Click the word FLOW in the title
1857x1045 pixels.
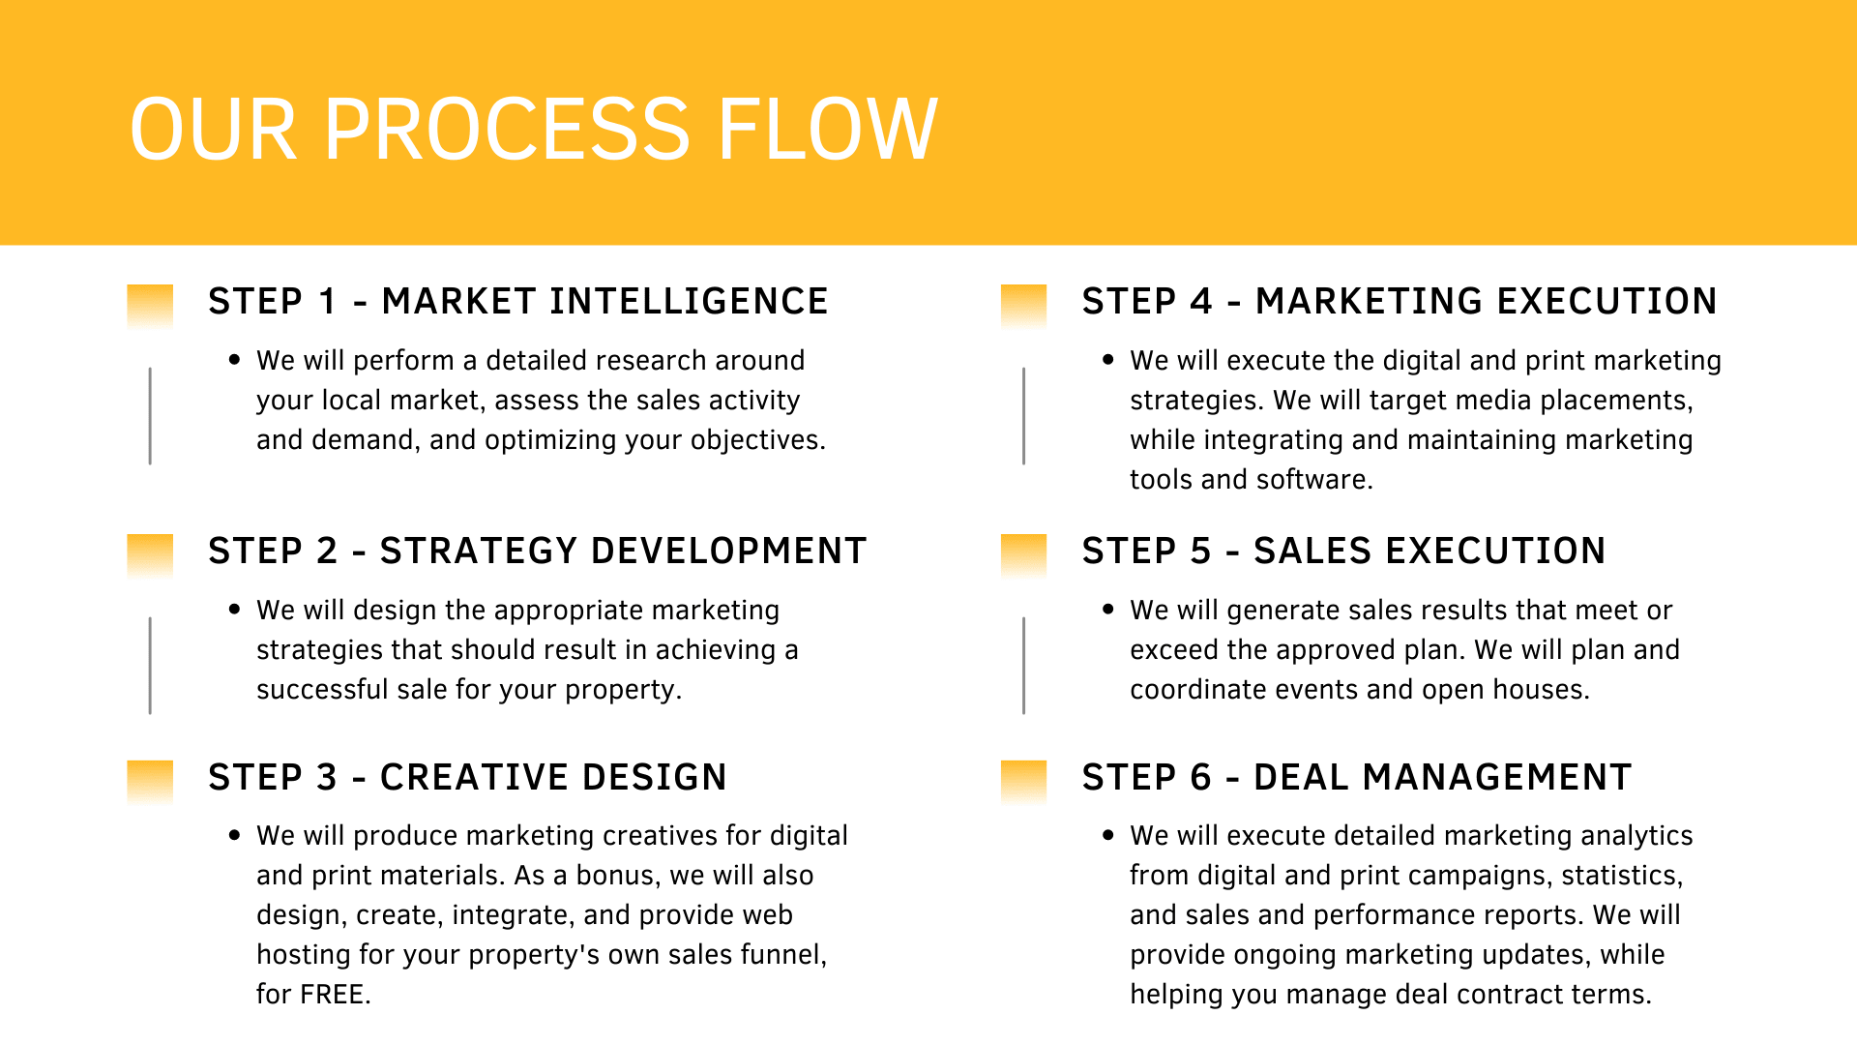click(828, 130)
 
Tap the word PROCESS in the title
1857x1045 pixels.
click(507, 130)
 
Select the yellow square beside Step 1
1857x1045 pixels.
click(150, 307)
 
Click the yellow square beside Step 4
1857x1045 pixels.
click(1023, 307)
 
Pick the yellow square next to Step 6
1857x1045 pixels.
click(1023, 783)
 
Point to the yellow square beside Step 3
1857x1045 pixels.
click(150, 783)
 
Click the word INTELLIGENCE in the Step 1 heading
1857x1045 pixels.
click(689, 302)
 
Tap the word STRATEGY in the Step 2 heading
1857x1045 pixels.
click(479, 552)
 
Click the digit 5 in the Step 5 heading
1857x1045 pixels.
click(1200, 552)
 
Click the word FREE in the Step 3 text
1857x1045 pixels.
click(333, 995)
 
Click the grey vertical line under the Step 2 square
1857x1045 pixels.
click(150, 666)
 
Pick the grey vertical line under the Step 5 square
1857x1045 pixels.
click(1023, 666)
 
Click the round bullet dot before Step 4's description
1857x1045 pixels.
click(1108, 360)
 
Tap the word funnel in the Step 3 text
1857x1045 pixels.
click(783, 955)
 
